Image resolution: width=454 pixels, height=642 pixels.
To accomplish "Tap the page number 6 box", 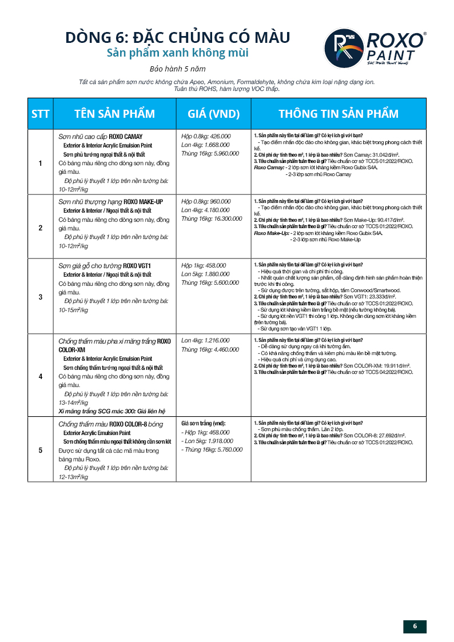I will coord(415,626).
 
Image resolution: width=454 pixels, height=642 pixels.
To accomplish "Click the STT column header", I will coord(40,113).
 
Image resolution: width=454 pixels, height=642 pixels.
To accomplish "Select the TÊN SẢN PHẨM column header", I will coord(114,113).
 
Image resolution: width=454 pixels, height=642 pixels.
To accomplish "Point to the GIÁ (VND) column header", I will coord(213,113).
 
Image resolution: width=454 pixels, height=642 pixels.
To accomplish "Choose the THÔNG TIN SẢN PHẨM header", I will coord(338,113).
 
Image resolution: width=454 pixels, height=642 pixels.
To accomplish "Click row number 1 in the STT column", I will coord(40,164).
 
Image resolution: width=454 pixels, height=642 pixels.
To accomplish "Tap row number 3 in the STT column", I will coord(40,297).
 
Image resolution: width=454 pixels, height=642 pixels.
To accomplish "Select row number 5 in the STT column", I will coord(40,450).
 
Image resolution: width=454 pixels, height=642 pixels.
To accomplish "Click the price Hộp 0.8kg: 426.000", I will coord(206,137).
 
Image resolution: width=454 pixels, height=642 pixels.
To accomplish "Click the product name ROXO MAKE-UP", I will coord(144,202).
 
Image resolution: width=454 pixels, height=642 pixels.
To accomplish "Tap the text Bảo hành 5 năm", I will coord(177,69).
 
